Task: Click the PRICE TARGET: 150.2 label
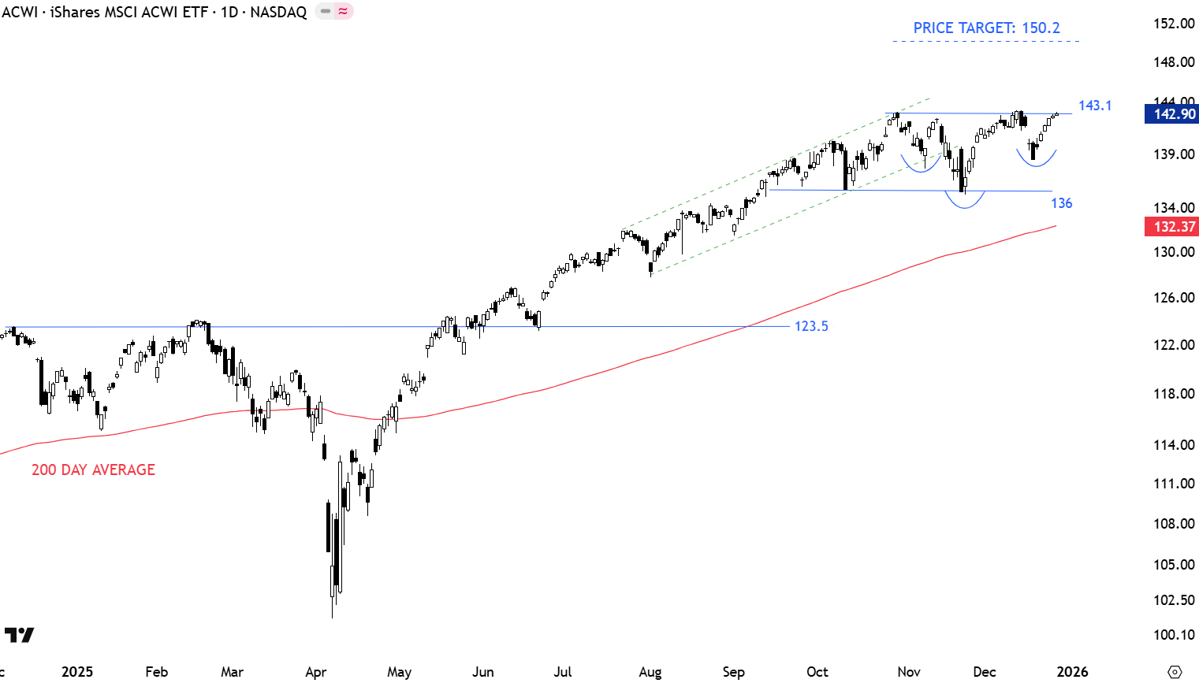pyautogui.click(x=986, y=28)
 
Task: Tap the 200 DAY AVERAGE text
pyautogui.click(x=93, y=470)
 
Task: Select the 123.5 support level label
pyautogui.click(x=811, y=326)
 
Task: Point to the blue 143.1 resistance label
pyautogui.click(x=1095, y=106)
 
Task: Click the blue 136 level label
pyautogui.click(x=1061, y=203)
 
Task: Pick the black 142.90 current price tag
pyautogui.click(x=1174, y=114)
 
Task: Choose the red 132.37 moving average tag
pyautogui.click(x=1174, y=227)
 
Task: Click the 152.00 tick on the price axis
pyautogui.click(x=1174, y=24)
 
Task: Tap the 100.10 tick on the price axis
pyautogui.click(x=1174, y=635)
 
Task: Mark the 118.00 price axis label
pyautogui.click(x=1174, y=394)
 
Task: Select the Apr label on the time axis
pyautogui.click(x=315, y=672)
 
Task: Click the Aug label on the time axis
pyautogui.click(x=650, y=672)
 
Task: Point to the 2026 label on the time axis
pyautogui.click(x=1072, y=672)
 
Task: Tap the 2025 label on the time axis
pyautogui.click(x=77, y=672)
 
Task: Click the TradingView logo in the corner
pyautogui.click(x=20, y=635)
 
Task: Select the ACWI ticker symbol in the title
pyautogui.click(x=20, y=12)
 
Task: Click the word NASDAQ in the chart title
pyautogui.click(x=278, y=12)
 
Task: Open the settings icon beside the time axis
pyautogui.click(x=1175, y=672)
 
